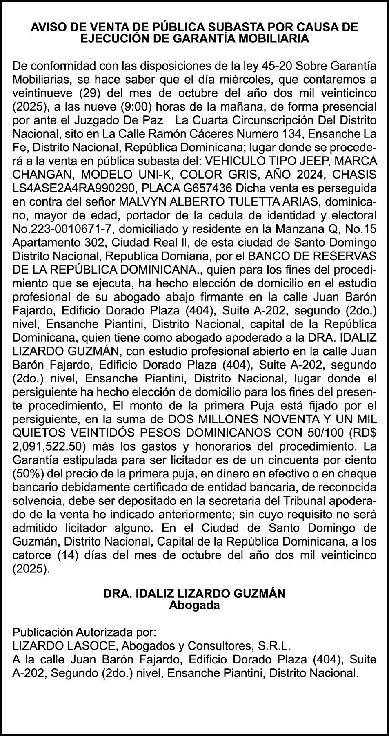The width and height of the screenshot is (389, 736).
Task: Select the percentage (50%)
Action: coord(27,474)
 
